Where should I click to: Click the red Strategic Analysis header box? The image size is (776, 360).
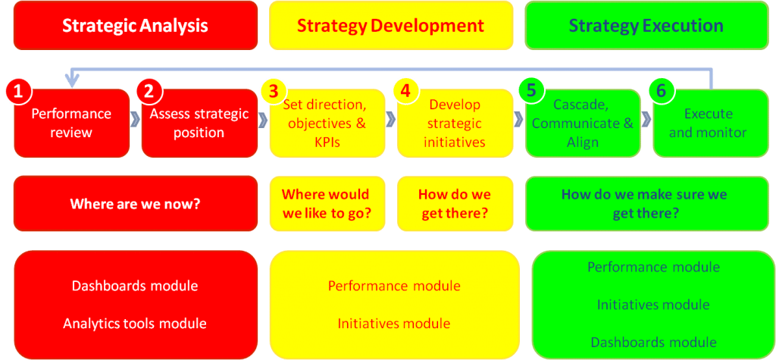pyautogui.click(x=136, y=25)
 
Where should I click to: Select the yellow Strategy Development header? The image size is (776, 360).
pyautogui.click(x=391, y=25)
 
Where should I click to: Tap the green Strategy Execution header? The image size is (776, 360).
pyautogui.click(x=646, y=25)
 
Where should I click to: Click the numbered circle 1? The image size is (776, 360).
pyautogui.click(x=18, y=92)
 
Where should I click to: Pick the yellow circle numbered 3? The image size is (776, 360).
pyautogui.click(x=275, y=92)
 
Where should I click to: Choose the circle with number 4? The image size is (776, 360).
pyautogui.click(x=405, y=92)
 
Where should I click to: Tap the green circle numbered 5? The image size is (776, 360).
pyautogui.click(x=532, y=92)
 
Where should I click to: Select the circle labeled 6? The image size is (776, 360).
pyautogui.click(x=662, y=92)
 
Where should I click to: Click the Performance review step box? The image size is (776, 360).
pyautogui.click(x=72, y=123)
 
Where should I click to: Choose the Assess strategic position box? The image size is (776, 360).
pyautogui.click(x=199, y=123)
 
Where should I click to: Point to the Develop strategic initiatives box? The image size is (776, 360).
pyautogui.click(x=455, y=123)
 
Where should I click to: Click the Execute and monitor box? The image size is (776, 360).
pyautogui.click(x=711, y=123)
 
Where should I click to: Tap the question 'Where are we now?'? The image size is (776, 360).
pyautogui.click(x=136, y=204)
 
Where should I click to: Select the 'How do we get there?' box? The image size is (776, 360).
pyautogui.click(x=455, y=204)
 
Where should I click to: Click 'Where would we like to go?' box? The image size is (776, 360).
pyautogui.click(x=327, y=204)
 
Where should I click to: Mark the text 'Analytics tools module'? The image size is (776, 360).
pyautogui.click(x=135, y=324)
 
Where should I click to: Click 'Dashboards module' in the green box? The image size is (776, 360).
pyautogui.click(x=654, y=342)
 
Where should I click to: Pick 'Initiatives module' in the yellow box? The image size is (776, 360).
pyautogui.click(x=394, y=324)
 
